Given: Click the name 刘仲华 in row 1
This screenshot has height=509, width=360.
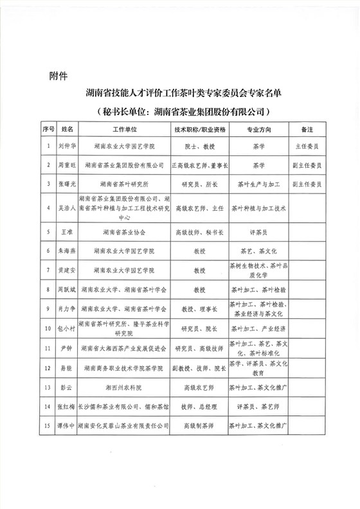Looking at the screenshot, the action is tap(67, 146).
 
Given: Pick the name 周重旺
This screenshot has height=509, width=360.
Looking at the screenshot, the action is tap(67, 165).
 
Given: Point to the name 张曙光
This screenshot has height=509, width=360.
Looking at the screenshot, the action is tap(67, 184).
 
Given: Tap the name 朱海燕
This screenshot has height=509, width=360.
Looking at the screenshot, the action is tap(67, 251).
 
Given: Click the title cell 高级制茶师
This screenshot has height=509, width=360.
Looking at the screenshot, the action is tap(199, 426).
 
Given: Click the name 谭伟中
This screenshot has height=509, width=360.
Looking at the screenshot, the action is tap(67, 426).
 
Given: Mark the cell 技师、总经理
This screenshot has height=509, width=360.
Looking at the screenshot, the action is tap(199, 407).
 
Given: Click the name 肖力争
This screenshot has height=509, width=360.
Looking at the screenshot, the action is tap(67, 309).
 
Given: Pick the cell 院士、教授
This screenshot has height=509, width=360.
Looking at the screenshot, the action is tap(199, 146).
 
